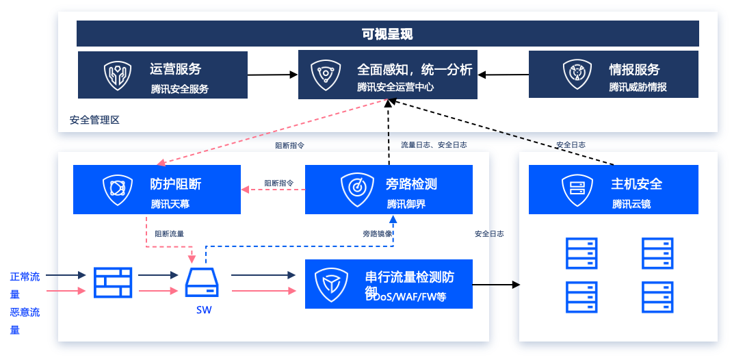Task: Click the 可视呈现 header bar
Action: pos(387,34)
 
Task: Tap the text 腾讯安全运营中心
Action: pos(395,88)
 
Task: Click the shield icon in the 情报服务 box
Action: pos(576,75)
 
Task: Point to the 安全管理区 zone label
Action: pos(94,120)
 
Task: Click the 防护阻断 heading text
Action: pos(176,184)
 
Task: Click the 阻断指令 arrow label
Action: pos(279,183)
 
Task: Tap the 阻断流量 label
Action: pos(169,234)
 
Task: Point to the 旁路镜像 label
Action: pos(378,234)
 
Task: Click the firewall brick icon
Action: pos(113,283)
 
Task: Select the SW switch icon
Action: pos(202,282)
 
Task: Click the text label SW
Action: pos(203,310)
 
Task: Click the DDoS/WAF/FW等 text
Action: pos(406,298)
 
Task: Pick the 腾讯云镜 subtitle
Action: pos(631,204)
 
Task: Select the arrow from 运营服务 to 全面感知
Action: pos(272,75)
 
